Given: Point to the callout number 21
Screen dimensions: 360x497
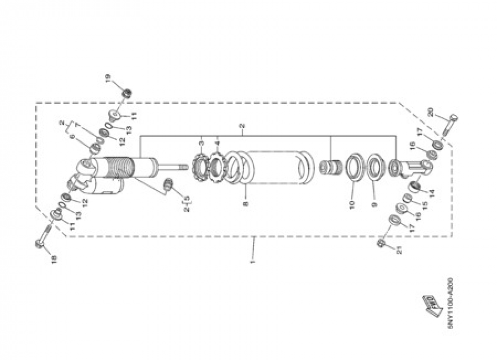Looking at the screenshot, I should [398, 252].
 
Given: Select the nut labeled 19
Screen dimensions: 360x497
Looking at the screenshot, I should [127, 93].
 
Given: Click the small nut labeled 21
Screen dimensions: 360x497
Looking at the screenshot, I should [381, 243].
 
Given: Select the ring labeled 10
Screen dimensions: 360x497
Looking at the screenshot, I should [352, 168].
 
